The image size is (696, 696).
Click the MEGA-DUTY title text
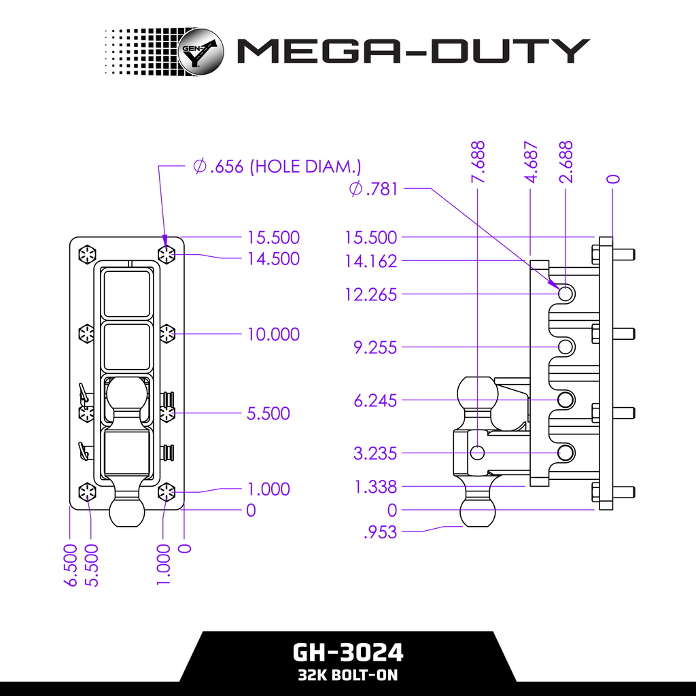[412, 52]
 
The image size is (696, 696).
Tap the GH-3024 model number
[348, 652]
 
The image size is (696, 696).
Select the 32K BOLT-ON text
[348, 676]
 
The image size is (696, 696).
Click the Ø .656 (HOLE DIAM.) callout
[277, 167]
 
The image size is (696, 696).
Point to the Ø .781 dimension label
[373, 189]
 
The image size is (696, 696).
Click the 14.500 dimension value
[273, 259]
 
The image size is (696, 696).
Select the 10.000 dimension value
[273, 334]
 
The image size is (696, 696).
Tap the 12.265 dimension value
[370, 295]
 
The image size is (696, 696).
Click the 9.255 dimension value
[375, 347]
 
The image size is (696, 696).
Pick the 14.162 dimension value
[370, 261]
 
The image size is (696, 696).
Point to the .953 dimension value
[380, 533]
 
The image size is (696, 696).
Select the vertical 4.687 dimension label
[532, 162]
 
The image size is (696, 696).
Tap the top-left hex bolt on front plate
[87, 255]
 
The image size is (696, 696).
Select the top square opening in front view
[126, 293]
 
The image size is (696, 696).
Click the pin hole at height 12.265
[565, 294]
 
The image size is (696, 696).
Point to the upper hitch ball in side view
[474, 394]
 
